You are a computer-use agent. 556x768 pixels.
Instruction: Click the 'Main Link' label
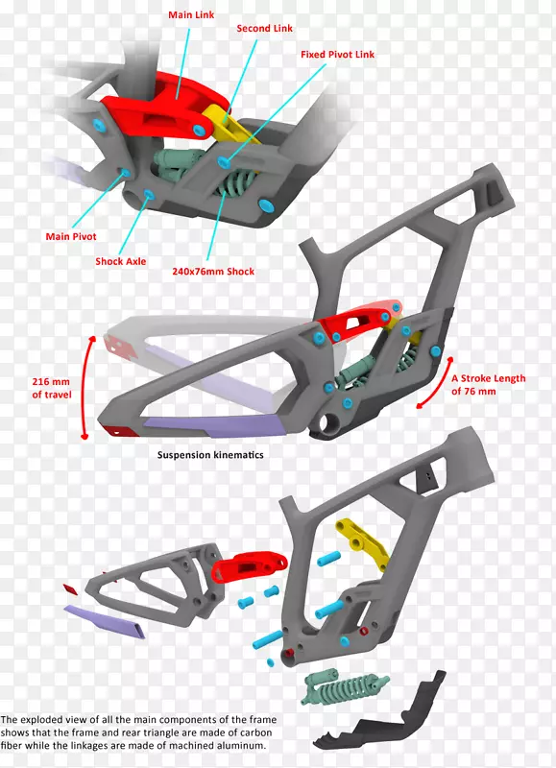(191, 14)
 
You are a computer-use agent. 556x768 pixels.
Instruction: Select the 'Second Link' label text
(264, 29)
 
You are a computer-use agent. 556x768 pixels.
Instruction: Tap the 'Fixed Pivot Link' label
(337, 55)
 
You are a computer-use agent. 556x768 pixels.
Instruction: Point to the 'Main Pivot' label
(71, 236)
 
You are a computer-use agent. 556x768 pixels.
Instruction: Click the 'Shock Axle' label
(120, 261)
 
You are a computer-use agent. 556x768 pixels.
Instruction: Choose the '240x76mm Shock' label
(213, 272)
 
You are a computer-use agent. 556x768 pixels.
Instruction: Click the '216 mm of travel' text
(51, 388)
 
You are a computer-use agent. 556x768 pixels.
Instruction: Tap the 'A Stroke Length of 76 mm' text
(488, 385)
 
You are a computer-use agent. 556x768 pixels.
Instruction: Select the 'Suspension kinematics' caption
(210, 455)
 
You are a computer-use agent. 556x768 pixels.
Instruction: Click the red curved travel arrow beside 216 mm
(84, 387)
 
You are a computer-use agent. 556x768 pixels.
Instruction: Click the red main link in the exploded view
(249, 567)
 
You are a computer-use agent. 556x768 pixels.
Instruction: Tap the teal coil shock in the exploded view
(345, 686)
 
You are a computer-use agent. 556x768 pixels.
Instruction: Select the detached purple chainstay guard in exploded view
(106, 621)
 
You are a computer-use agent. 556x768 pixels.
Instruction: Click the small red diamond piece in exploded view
(70, 588)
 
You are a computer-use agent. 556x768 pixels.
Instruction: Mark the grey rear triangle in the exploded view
(157, 586)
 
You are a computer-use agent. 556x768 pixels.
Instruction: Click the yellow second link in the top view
(228, 124)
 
